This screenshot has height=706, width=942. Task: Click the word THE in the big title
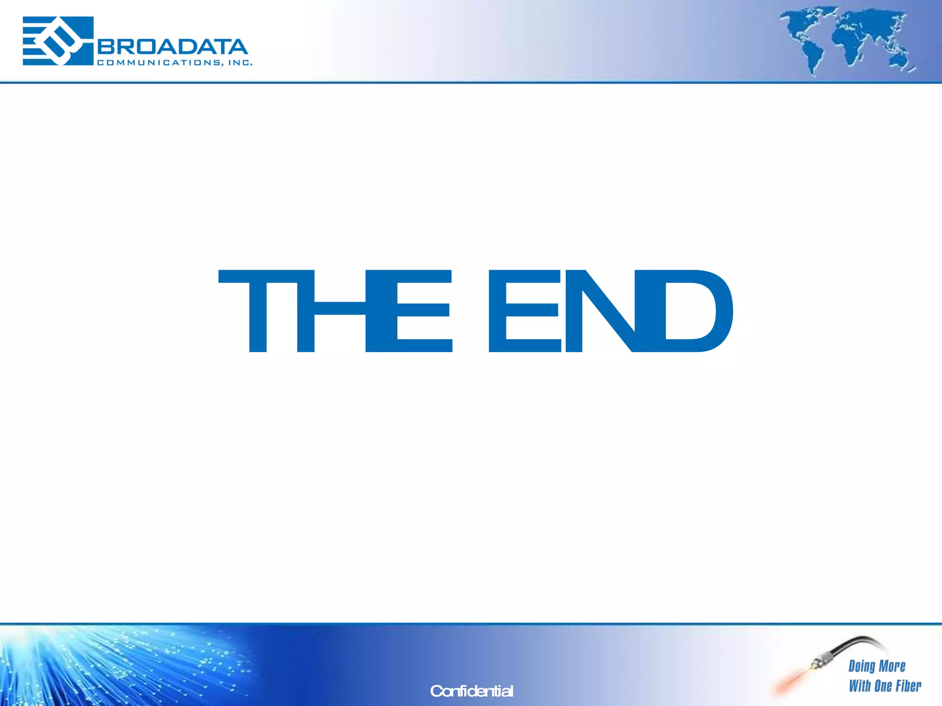click(335, 311)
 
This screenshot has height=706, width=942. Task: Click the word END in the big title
click(610, 311)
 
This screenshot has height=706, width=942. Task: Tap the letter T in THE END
click(258, 311)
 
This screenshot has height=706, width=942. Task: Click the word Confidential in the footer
click(471, 691)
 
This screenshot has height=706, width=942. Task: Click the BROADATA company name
click(173, 47)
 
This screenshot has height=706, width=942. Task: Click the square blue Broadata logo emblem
click(58, 41)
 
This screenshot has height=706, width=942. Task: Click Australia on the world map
click(897, 60)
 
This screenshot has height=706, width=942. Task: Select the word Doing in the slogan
click(862, 666)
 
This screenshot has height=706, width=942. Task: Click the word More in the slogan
click(892, 666)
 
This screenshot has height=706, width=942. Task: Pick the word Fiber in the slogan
click(908, 686)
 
